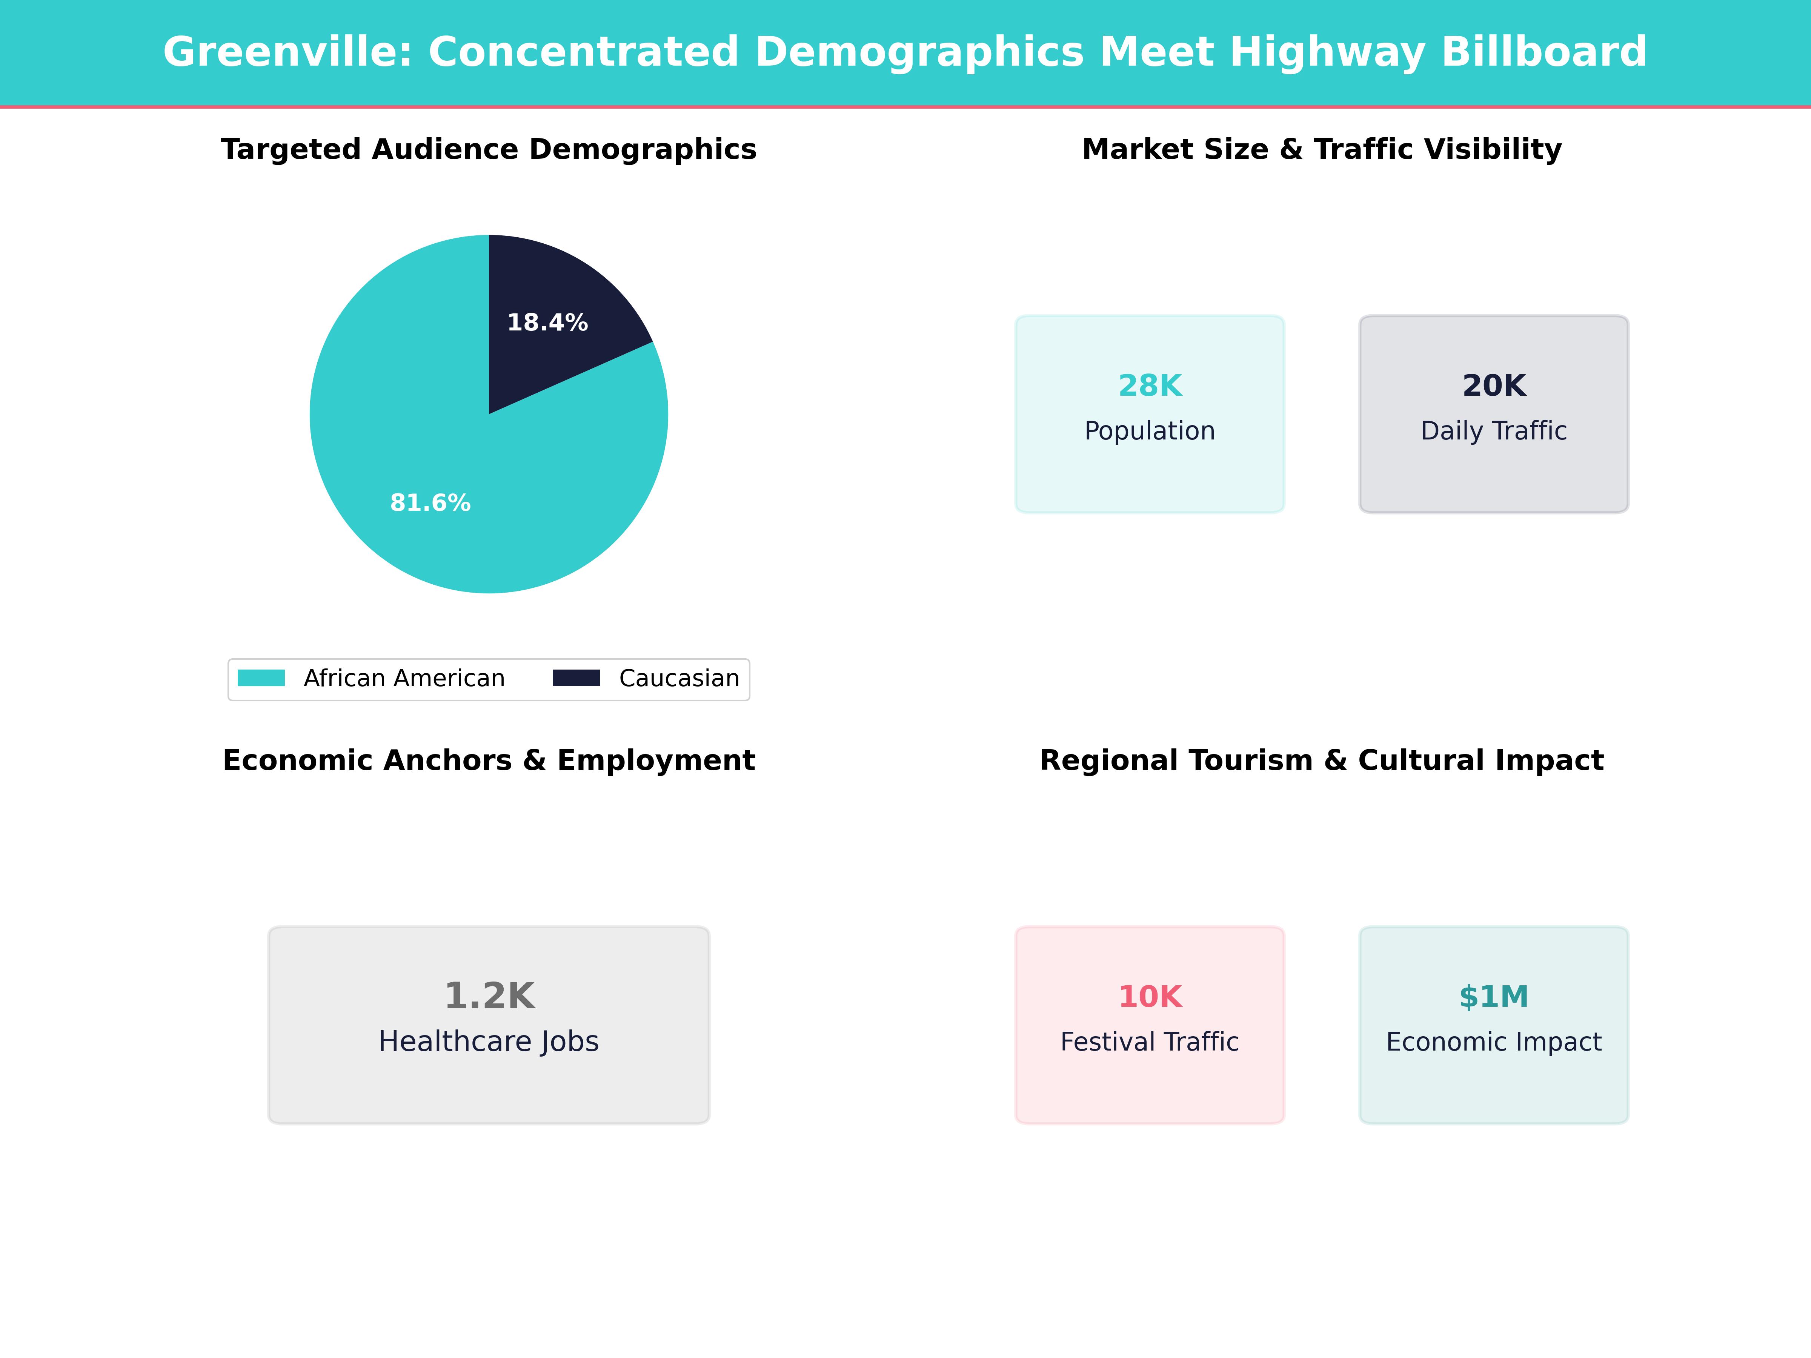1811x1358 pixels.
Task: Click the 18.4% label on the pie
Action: [x=547, y=323]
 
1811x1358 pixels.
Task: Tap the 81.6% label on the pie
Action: [x=430, y=502]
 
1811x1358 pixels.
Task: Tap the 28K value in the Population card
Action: [x=1150, y=386]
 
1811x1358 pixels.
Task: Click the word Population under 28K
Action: [x=1150, y=430]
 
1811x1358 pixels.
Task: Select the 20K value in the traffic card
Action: [x=1493, y=386]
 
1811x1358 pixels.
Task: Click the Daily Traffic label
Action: [x=1493, y=430]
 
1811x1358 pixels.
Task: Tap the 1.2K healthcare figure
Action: [x=489, y=996]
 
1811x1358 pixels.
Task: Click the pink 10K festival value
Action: [x=1150, y=996]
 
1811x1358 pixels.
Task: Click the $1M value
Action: [x=1493, y=996]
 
